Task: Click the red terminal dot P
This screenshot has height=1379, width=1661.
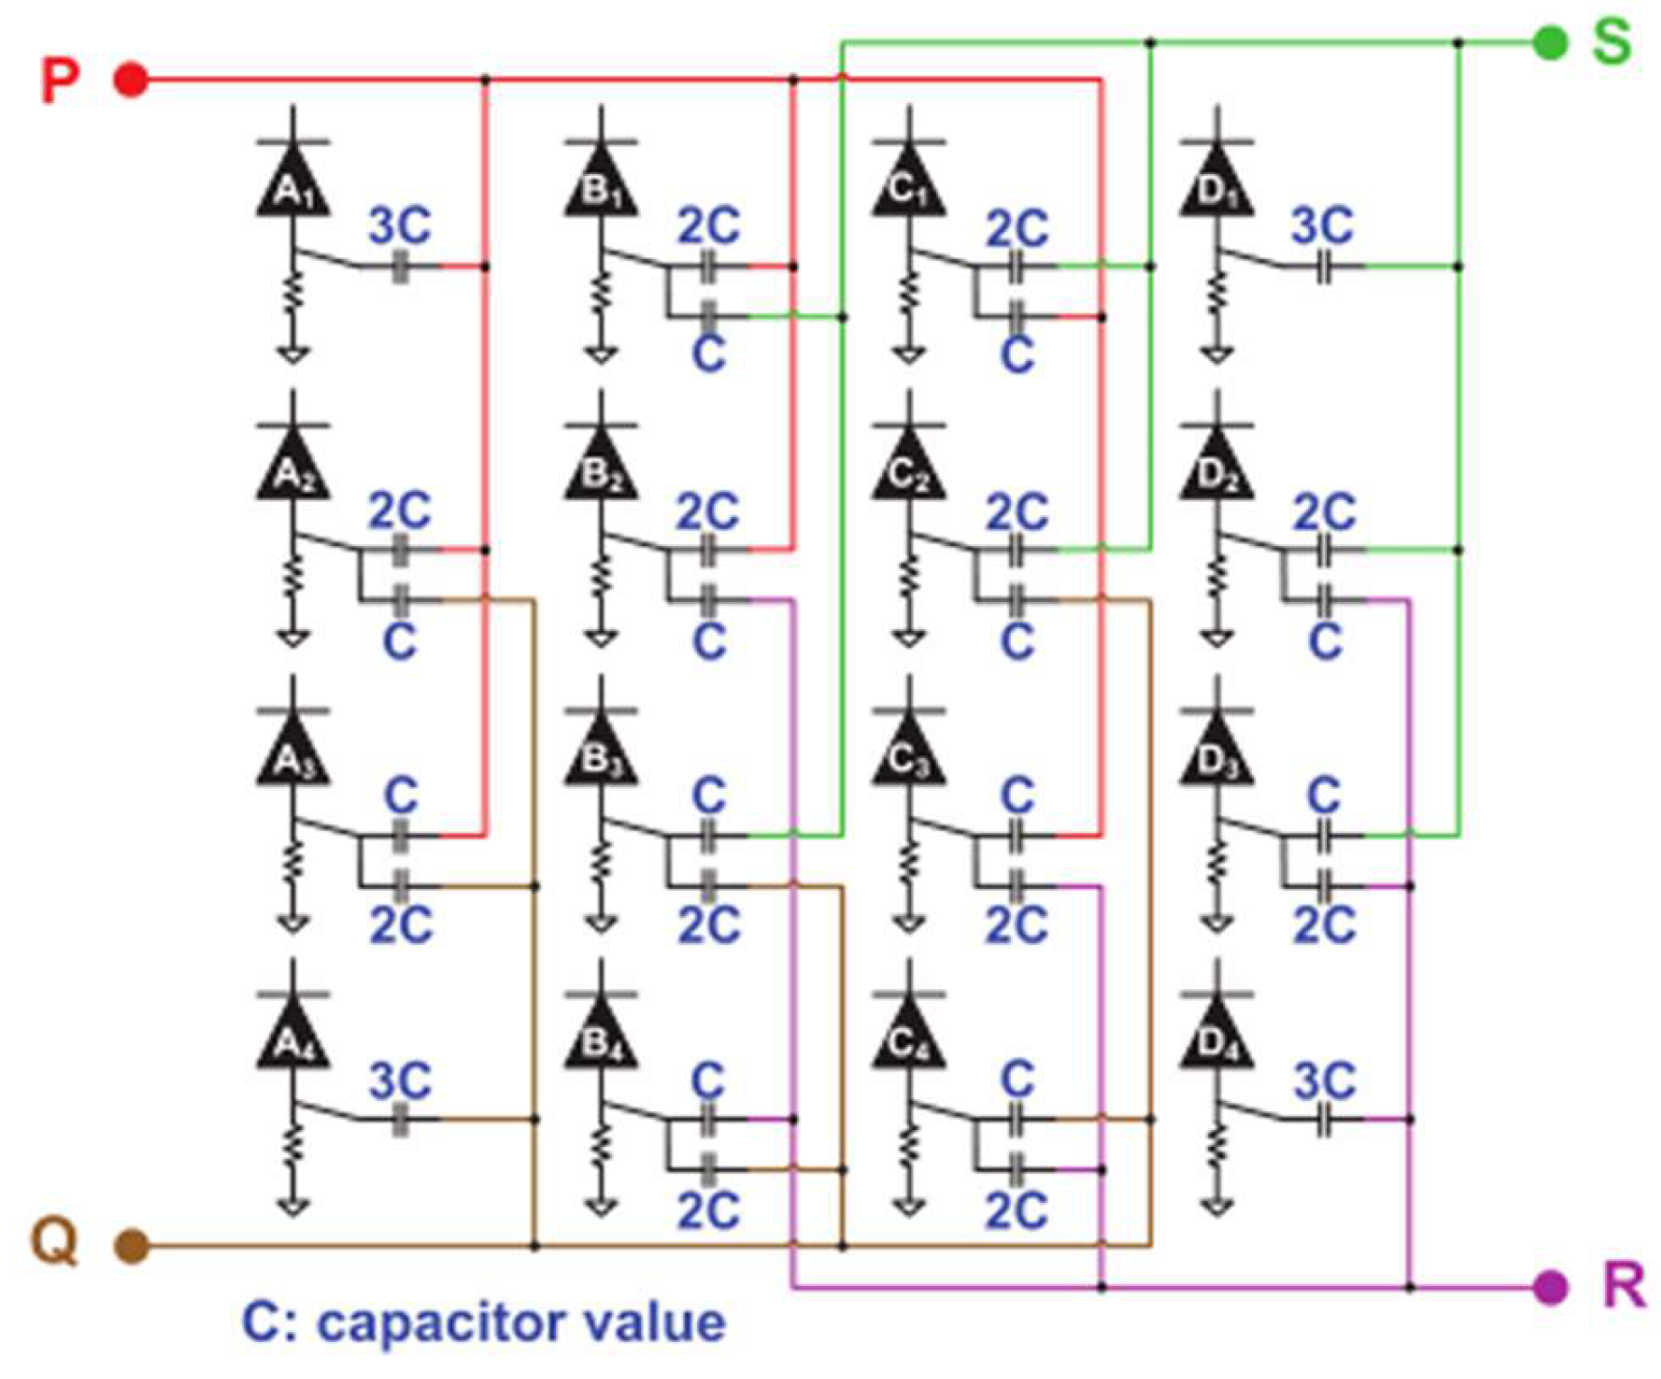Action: [132, 80]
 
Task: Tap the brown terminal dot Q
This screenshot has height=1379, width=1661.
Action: [132, 1246]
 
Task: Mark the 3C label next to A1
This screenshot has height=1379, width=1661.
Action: [400, 226]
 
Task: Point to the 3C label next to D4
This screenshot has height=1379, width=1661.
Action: [1324, 1080]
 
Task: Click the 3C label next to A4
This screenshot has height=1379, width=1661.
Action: [400, 1080]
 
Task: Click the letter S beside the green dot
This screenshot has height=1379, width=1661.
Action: [1612, 41]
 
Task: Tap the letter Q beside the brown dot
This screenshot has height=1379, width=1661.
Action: [55, 1242]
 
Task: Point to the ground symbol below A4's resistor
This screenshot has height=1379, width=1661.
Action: [292, 1206]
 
